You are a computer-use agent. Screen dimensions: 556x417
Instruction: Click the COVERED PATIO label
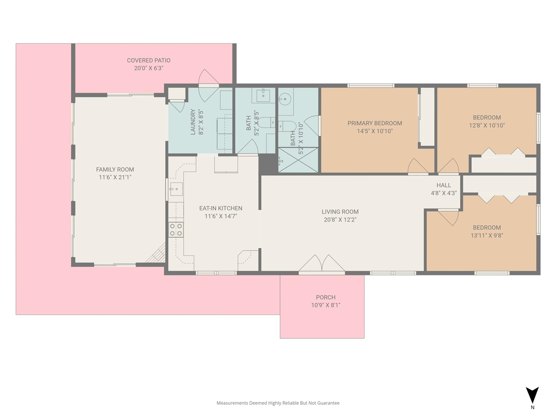(x=149, y=60)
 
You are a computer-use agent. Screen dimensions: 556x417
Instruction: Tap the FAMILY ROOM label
(x=115, y=169)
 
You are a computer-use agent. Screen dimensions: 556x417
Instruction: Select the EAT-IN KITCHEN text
(x=221, y=208)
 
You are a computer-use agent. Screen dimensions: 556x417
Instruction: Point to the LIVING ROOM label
(x=340, y=212)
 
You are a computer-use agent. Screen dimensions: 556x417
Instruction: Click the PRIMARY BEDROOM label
(x=374, y=123)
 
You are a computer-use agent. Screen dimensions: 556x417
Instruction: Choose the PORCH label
(x=325, y=297)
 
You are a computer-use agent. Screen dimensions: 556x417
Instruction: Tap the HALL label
(x=443, y=185)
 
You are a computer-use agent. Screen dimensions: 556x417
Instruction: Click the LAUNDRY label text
(x=193, y=122)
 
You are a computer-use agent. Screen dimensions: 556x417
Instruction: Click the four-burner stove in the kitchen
(x=176, y=230)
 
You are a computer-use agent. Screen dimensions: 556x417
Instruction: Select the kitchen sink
(x=176, y=189)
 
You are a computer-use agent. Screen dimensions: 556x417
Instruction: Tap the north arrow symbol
(x=532, y=395)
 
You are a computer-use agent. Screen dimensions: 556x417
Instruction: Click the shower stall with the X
(x=298, y=160)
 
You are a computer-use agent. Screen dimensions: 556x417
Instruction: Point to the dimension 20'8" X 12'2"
(x=340, y=219)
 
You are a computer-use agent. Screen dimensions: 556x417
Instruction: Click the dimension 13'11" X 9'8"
(x=486, y=235)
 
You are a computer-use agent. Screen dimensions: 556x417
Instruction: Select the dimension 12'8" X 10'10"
(x=486, y=126)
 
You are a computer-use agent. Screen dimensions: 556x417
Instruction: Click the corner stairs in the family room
(x=156, y=253)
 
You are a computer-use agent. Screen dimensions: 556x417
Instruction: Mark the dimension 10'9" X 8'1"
(x=325, y=305)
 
